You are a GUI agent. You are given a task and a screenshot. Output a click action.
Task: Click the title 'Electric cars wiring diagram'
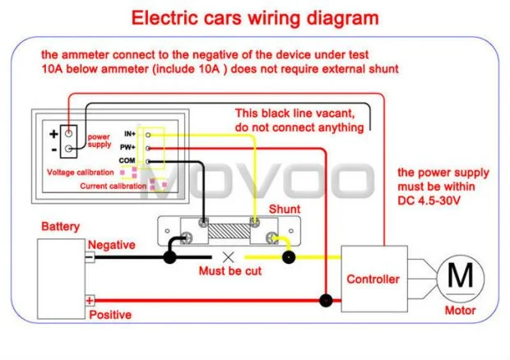256,17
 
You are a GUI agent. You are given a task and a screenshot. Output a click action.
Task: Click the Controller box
373,279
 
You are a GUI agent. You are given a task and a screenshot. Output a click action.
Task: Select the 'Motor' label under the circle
460,311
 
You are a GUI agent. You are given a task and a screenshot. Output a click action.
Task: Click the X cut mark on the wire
229,256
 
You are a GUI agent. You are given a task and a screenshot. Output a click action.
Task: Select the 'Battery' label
60,225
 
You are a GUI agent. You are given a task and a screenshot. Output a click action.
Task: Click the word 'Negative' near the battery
111,244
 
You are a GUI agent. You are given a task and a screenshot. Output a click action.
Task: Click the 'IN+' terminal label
128,133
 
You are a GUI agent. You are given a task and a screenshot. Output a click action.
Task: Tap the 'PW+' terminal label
128,146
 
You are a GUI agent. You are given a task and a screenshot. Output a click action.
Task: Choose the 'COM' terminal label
128,159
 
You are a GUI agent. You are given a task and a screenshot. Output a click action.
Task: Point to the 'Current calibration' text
114,187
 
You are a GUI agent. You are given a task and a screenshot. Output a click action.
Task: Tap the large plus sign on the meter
53,133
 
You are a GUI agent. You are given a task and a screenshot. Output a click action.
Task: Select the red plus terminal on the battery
90,302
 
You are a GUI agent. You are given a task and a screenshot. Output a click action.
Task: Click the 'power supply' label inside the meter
99,141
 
